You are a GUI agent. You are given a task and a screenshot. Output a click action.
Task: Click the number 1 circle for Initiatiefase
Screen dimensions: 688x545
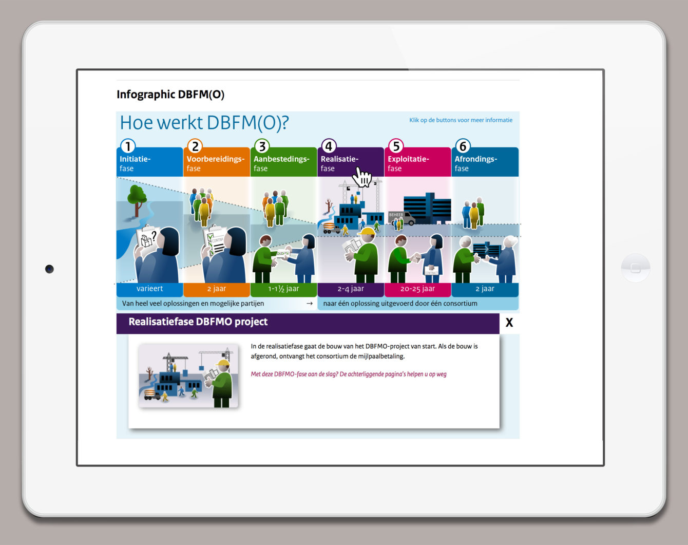(x=128, y=146)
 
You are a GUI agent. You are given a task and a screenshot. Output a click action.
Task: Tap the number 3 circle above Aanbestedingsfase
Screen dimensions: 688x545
(x=262, y=146)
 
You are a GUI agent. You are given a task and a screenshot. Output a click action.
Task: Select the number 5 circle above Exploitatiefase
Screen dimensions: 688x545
(x=396, y=146)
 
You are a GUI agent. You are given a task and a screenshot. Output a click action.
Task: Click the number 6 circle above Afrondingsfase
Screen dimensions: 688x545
(x=463, y=146)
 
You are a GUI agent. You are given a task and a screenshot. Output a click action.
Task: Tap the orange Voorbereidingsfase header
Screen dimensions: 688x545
(x=217, y=162)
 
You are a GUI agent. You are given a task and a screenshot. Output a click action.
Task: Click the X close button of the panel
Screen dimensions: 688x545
(x=509, y=323)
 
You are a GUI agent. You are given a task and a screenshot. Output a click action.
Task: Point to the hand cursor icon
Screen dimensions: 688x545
(x=362, y=177)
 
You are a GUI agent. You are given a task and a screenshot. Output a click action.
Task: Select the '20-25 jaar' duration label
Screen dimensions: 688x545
(x=417, y=289)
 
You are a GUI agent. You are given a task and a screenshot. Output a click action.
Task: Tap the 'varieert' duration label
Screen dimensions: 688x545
(x=149, y=289)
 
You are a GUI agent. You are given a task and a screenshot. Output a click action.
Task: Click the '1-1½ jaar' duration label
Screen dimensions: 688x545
(x=283, y=289)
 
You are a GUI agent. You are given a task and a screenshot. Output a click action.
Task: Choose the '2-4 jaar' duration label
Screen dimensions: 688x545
(x=351, y=289)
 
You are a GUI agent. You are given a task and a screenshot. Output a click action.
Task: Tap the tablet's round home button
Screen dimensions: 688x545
(x=635, y=268)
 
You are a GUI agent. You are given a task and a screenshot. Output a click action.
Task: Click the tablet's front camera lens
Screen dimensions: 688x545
(x=49, y=269)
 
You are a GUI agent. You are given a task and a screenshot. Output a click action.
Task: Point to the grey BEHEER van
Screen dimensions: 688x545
(x=402, y=218)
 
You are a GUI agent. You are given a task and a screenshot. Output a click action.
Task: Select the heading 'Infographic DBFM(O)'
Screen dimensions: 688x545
(x=170, y=95)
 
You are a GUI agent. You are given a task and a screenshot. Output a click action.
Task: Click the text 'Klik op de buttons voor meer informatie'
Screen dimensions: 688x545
(x=461, y=120)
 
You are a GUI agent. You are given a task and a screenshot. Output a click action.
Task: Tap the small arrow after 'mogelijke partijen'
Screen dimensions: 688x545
(x=310, y=303)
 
